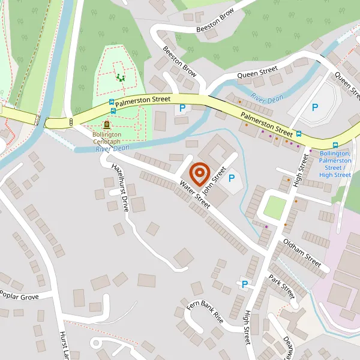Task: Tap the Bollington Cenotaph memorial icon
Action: pos(107,125)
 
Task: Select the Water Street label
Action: pos(196,194)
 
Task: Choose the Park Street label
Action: pos(281,287)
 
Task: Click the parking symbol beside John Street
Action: pos(231,178)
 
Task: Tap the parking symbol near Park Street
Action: pos(245,284)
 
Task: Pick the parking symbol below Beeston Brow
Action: pos(182,108)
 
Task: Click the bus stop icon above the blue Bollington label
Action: pos(335,145)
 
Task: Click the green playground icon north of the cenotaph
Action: pos(121,77)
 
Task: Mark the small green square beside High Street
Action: pos(275,208)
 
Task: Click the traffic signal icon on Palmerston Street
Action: pos(71,122)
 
